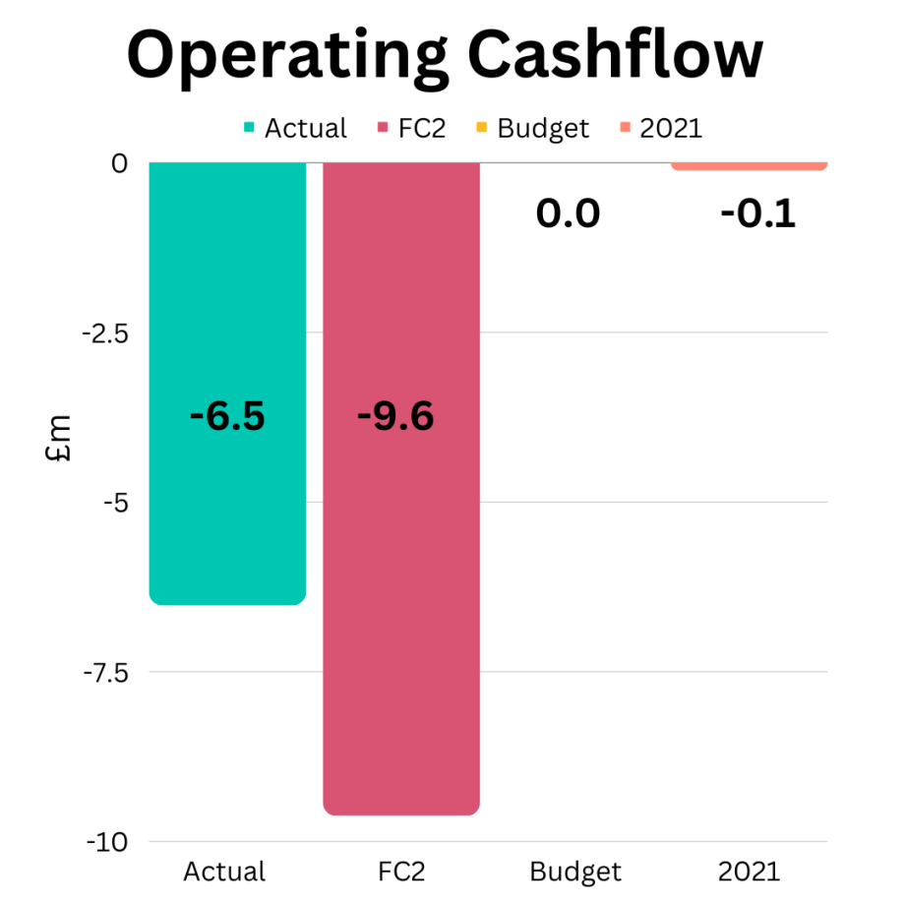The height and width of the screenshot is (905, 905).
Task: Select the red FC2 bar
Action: point(401,590)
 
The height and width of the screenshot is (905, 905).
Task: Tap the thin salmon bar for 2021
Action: point(750,165)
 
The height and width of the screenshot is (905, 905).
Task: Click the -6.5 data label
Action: point(227,416)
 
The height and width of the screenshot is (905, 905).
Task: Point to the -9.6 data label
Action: point(395,416)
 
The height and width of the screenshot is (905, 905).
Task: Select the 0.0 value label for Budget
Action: point(568,213)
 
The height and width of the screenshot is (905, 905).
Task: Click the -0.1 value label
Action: point(757,213)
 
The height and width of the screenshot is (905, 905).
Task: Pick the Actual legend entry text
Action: point(305,129)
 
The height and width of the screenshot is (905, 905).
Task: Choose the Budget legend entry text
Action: point(543,129)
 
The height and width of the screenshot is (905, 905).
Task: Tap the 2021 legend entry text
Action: point(671,129)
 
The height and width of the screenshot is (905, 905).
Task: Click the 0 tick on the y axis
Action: point(119,163)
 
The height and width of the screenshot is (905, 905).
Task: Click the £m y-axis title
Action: point(61,439)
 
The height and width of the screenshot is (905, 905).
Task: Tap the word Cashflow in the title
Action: point(605,56)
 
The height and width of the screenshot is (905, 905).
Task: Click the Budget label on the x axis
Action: point(575,872)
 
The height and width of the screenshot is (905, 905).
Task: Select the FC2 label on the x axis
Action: point(401,872)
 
